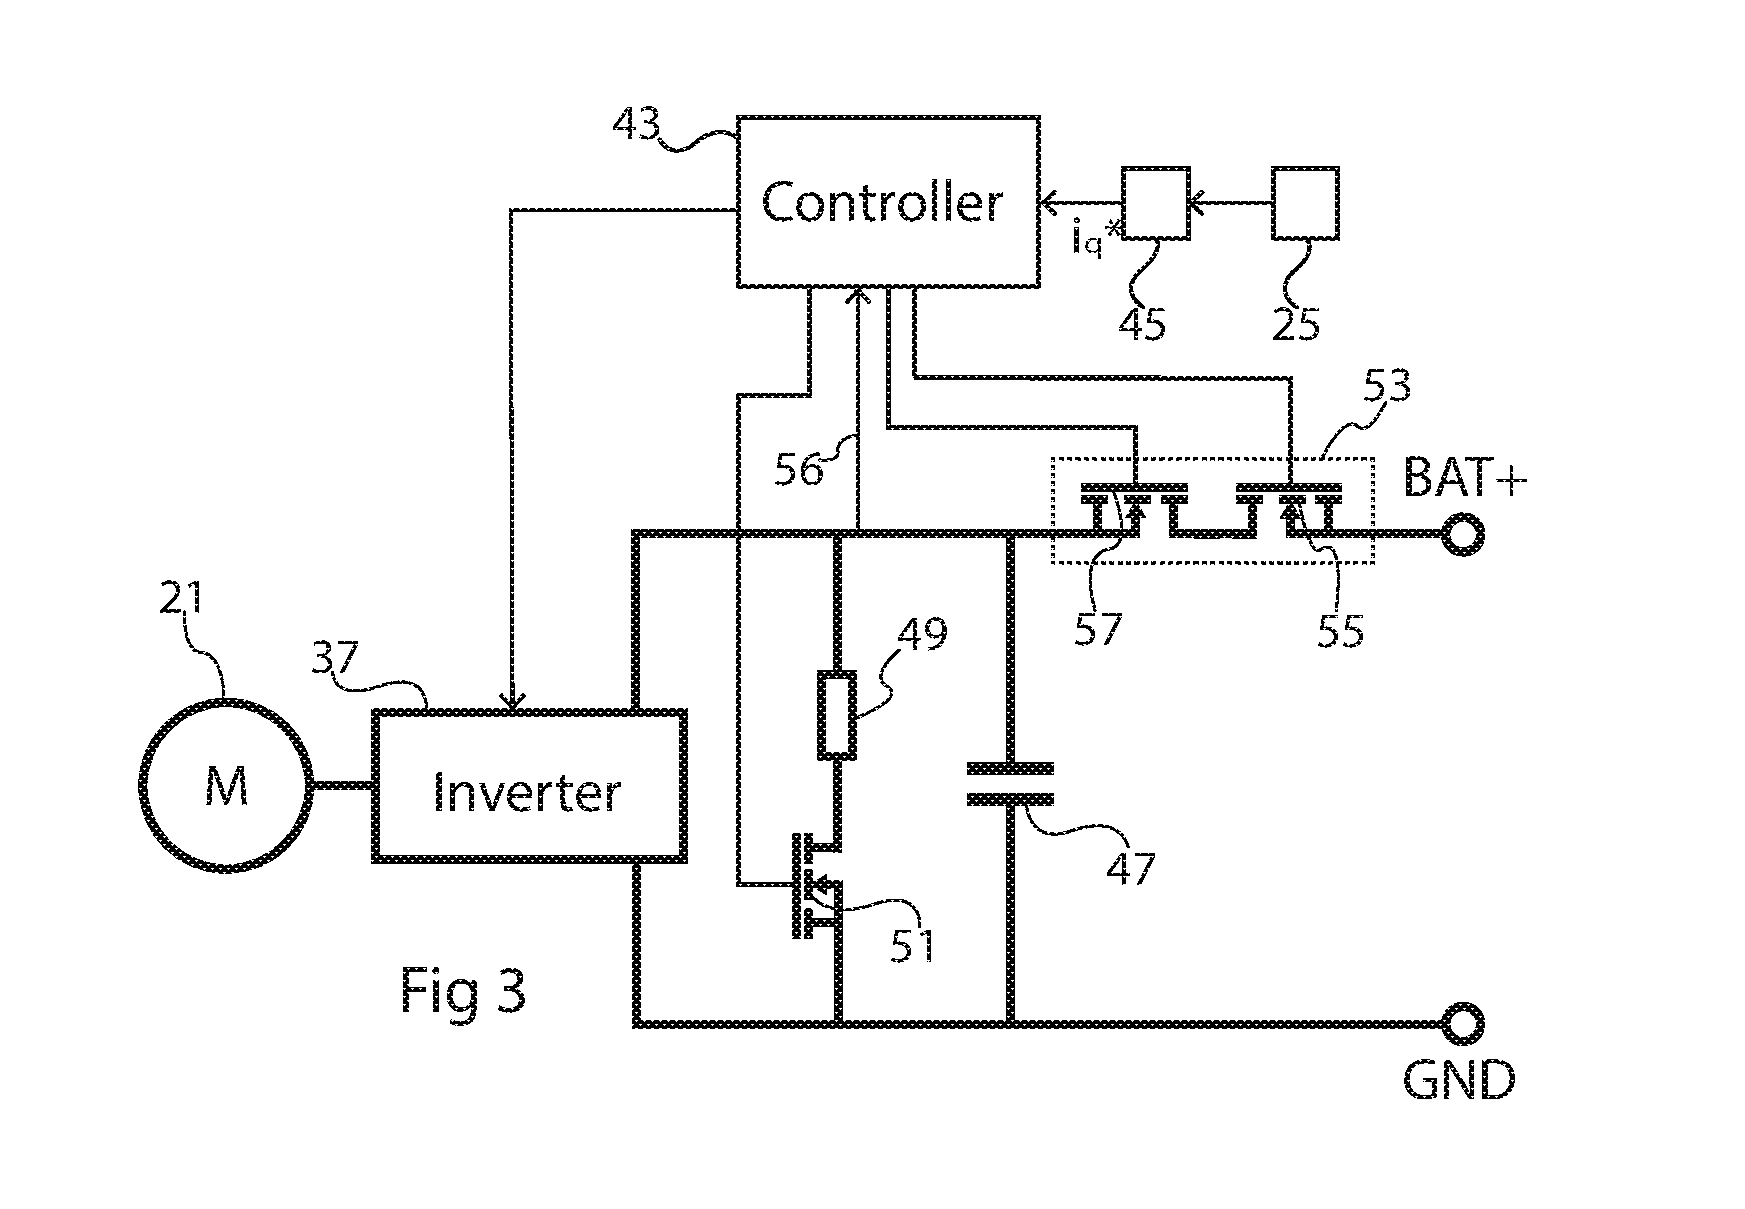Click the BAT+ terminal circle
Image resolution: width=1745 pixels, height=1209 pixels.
1462,534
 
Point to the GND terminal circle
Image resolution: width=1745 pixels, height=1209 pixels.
1462,1022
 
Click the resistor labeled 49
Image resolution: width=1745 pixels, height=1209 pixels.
837,716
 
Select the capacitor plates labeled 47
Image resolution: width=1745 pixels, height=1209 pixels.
1010,784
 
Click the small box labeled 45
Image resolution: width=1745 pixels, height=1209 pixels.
1155,203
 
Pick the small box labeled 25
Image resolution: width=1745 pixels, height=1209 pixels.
1305,203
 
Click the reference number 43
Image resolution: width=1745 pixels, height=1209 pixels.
636,127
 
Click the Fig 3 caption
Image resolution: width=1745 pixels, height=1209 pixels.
463,990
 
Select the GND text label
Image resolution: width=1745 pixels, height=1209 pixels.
1459,1081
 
